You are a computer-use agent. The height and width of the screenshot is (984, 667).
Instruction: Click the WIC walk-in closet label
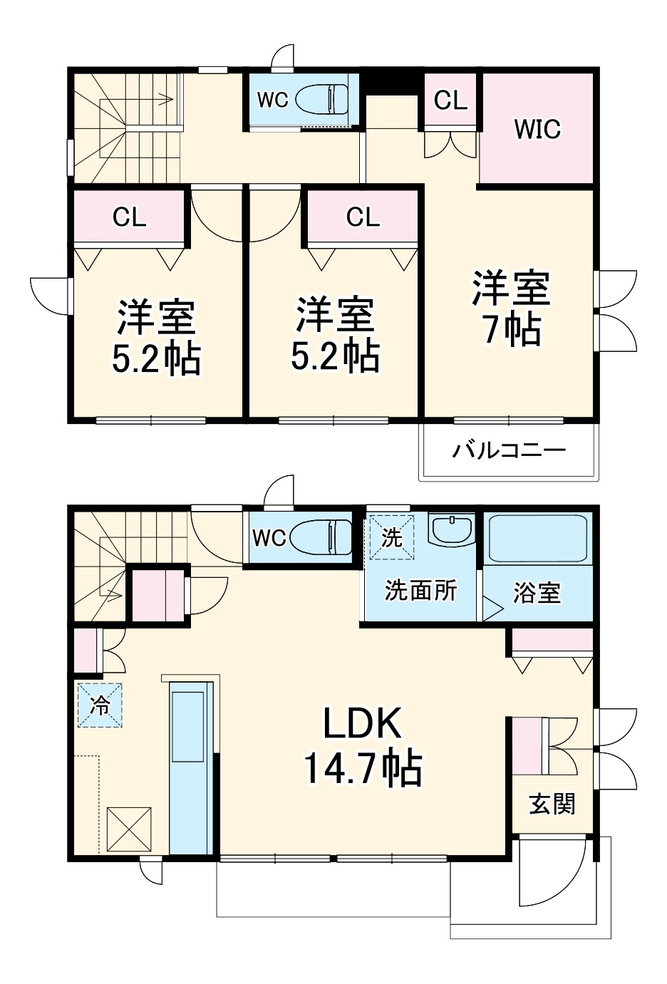(537, 129)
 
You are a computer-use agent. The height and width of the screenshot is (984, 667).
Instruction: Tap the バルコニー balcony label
(509, 450)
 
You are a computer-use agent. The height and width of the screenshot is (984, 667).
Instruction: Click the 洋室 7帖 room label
(511, 309)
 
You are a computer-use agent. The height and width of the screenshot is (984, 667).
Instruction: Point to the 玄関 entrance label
(552, 804)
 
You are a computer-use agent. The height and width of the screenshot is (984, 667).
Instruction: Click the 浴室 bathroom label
(537, 592)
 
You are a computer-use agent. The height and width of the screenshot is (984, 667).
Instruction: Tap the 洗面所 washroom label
(420, 590)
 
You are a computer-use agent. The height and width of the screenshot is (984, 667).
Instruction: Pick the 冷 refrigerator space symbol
(100, 705)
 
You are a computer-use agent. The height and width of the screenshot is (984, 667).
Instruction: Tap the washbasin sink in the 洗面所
(451, 530)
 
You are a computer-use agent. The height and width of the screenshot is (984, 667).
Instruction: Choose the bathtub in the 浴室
(537, 539)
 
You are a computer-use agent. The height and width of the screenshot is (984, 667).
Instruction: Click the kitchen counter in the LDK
(190, 767)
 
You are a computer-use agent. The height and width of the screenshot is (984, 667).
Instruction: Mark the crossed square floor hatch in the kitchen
(129, 829)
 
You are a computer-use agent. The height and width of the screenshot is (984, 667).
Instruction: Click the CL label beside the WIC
(450, 100)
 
